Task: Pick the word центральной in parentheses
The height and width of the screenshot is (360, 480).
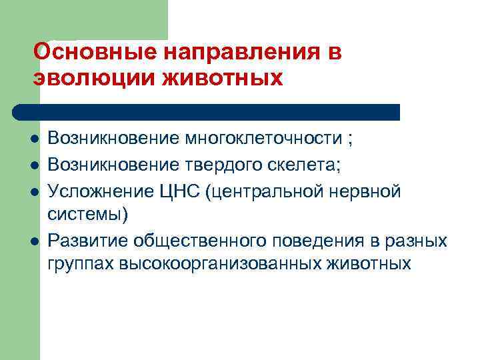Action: pyautogui.click(x=273, y=192)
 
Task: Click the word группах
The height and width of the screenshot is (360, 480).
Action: pyautogui.click(x=81, y=263)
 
